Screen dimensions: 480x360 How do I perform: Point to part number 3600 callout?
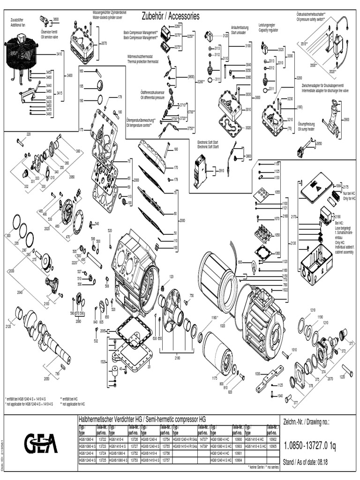tap(56, 19)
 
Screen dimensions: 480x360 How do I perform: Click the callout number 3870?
tap(104, 43)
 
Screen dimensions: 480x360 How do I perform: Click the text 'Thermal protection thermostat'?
tap(142, 61)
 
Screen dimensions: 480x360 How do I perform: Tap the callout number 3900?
tap(346, 120)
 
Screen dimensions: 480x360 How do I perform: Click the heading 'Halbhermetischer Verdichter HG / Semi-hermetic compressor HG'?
tap(142, 419)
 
